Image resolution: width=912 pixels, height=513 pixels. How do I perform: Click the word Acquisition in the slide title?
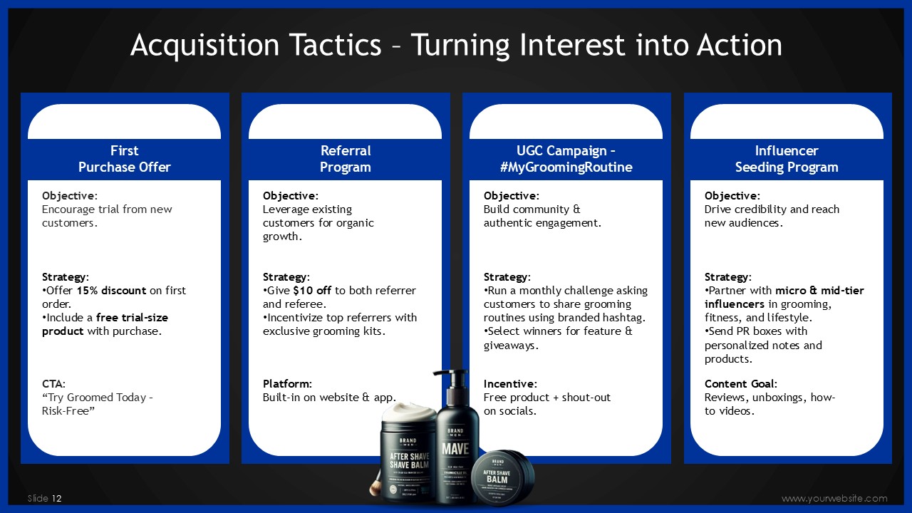point(204,45)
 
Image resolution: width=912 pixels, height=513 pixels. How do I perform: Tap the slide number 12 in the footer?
point(56,498)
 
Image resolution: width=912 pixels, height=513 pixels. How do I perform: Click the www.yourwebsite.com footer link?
point(834,498)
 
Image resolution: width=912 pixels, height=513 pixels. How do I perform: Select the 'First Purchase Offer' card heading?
point(125,159)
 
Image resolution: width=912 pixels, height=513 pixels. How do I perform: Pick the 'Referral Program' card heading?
point(346,159)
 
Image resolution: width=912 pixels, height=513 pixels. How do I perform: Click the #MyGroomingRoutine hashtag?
point(566,167)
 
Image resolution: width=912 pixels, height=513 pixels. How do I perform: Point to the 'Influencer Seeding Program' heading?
point(787,159)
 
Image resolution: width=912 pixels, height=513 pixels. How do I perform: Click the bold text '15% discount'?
point(111,290)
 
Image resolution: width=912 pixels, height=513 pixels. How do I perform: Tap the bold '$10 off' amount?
point(312,290)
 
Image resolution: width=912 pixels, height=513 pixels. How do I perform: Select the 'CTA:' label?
point(53,384)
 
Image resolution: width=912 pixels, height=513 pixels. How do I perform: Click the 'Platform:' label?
point(287,384)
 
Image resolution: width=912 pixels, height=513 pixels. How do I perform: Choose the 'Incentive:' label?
point(510,384)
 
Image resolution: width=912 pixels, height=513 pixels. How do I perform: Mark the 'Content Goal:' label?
point(740,384)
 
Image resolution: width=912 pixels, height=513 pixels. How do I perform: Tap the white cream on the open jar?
point(409,412)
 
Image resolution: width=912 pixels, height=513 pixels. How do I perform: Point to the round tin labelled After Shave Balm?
point(502,477)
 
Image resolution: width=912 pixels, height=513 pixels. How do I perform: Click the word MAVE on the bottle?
point(455,449)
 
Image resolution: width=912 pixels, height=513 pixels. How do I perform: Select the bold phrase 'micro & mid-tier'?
point(819,290)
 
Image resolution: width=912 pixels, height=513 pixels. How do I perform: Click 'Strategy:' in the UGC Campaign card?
point(507,277)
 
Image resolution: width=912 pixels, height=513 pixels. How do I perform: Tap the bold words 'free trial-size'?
point(132,318)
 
